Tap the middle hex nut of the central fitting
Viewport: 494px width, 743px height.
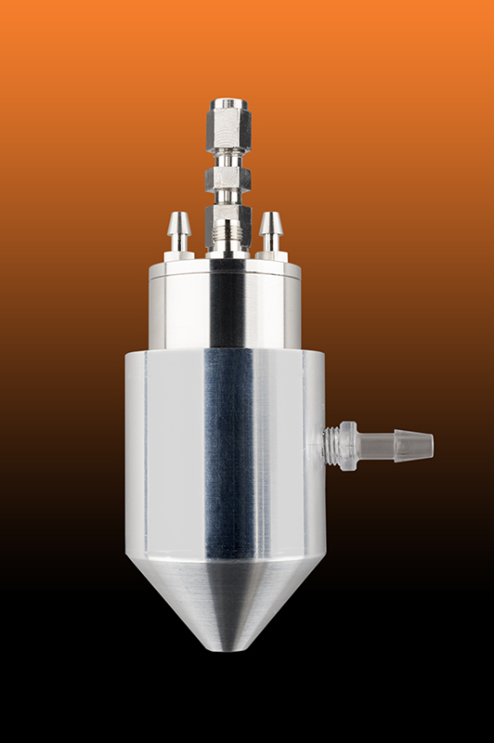227,178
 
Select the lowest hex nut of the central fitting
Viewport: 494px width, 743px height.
227,220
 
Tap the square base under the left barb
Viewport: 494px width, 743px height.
179,254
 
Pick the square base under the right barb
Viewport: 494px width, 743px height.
271,254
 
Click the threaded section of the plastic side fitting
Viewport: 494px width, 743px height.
331,445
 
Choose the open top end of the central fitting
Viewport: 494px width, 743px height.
227,101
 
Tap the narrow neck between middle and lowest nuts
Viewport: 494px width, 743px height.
227,199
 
